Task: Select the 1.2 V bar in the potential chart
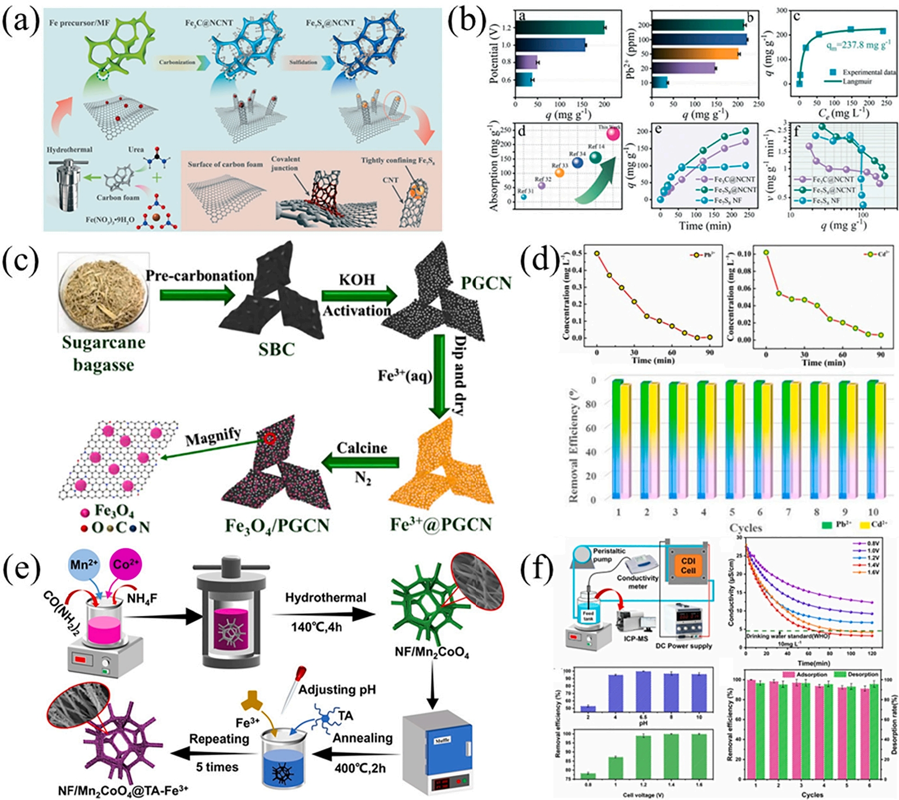[560, 27]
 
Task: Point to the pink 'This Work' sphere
[613, 133]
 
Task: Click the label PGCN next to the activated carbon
[486, 283]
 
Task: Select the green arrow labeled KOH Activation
[359, 295]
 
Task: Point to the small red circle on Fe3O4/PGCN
[270, 439]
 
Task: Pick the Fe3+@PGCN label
[441, 524]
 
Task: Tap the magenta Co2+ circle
[126, 565]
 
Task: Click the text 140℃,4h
[316, 627]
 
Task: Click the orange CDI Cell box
[688, 565]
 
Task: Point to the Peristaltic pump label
[609, 554]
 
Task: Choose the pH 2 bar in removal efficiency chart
[588, 708]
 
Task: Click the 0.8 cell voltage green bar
[588, 776]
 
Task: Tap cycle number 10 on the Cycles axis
[873, 512]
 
